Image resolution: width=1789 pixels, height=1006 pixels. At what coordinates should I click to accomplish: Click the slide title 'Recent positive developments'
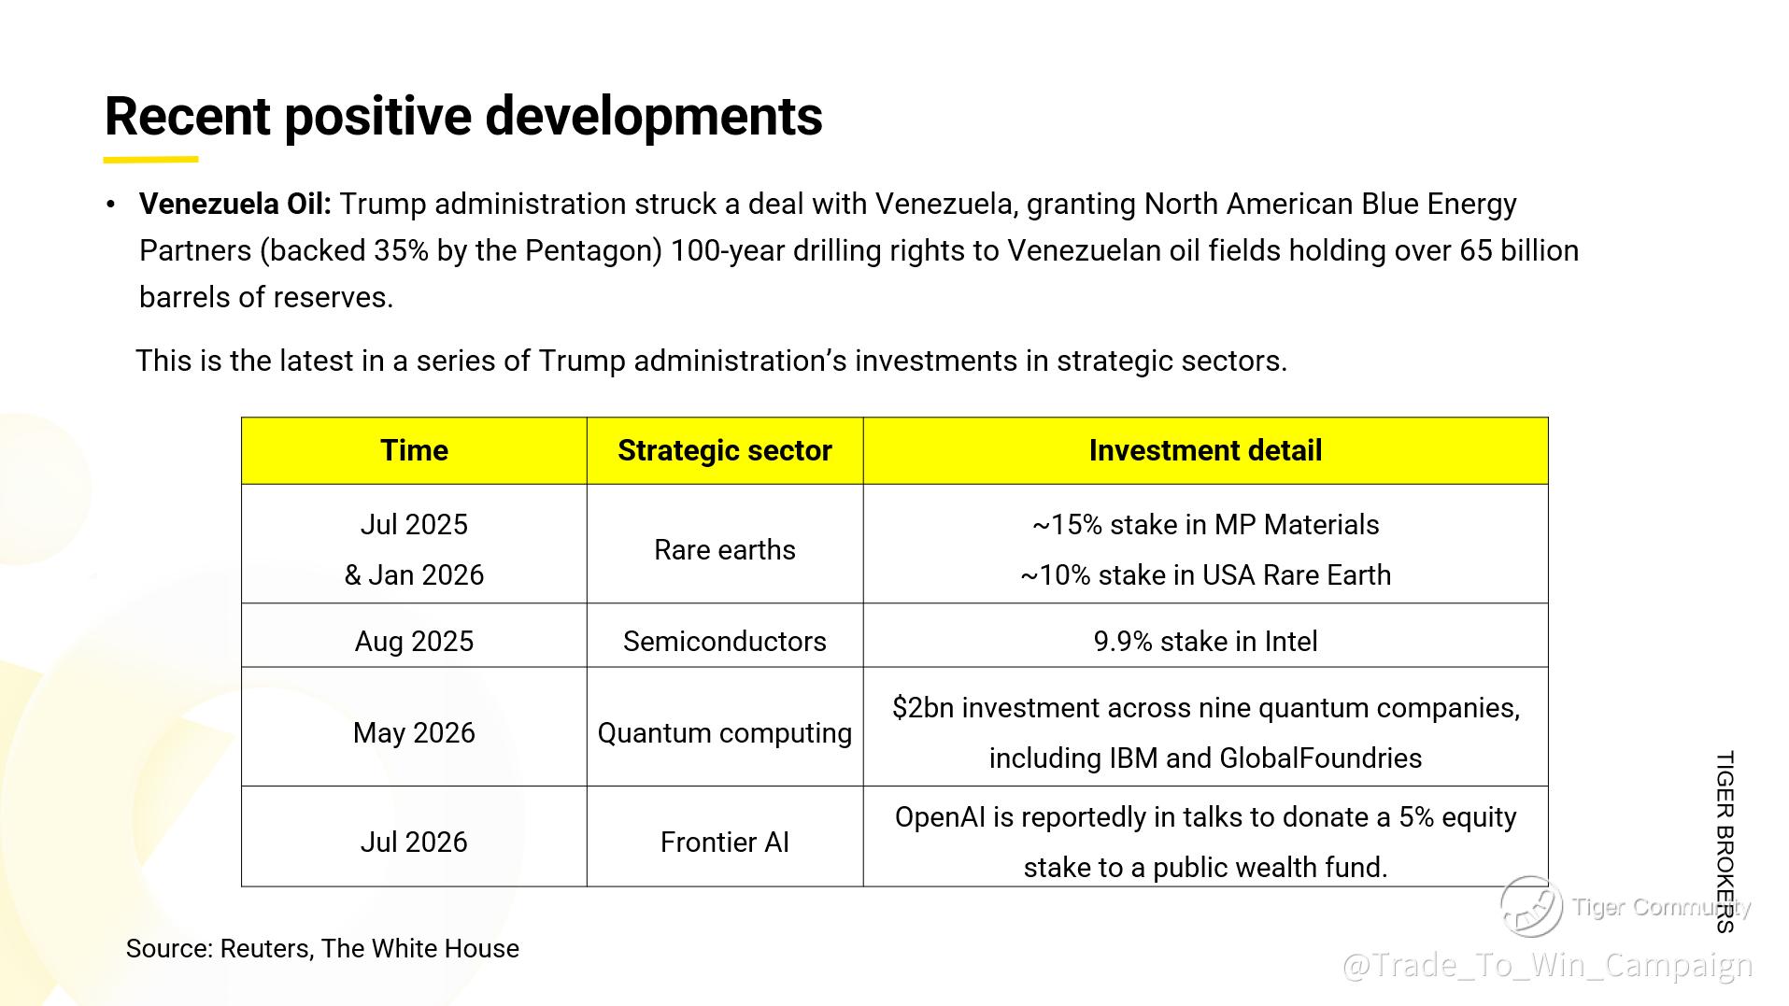coord(463,117)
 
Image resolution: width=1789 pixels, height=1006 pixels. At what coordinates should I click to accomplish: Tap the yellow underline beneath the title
coord(150,160)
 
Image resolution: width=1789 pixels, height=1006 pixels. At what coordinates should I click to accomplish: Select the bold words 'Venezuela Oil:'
coord(235,204)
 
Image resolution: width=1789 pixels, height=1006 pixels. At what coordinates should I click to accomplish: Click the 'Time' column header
coord(414,450)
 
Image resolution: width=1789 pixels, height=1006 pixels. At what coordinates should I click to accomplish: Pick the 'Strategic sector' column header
coord(725,450)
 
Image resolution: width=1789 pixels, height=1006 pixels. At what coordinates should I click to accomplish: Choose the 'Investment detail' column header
coord(1205,450)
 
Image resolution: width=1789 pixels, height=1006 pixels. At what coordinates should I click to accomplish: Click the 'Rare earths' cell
coord(725,549)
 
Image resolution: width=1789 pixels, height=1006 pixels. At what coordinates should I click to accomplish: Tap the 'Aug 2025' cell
coord(414,641)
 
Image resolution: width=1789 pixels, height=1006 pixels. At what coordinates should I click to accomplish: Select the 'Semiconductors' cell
coord(725,641)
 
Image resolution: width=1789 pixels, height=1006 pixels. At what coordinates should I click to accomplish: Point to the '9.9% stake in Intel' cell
coord(1205,641)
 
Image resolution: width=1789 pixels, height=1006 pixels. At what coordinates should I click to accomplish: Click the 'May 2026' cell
coord(414,732)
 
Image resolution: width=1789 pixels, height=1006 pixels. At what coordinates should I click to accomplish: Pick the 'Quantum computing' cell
coord(725,732)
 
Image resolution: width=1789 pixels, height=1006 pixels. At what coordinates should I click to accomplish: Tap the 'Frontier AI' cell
coord(725,842)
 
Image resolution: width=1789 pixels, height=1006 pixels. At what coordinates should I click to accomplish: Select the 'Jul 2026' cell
coord(414,842)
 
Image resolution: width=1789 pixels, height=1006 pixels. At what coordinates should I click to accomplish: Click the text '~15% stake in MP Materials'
coord(1205,525)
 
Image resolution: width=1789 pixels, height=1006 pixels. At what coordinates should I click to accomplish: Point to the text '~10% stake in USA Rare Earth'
coord(1205,575)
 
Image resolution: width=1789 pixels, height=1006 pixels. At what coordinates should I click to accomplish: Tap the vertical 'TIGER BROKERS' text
coord(1725,842)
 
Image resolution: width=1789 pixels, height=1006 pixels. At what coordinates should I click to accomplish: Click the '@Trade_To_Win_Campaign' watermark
coord(1547,965)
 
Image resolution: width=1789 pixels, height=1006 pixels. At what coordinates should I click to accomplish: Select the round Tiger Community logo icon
coord(1531,906)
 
